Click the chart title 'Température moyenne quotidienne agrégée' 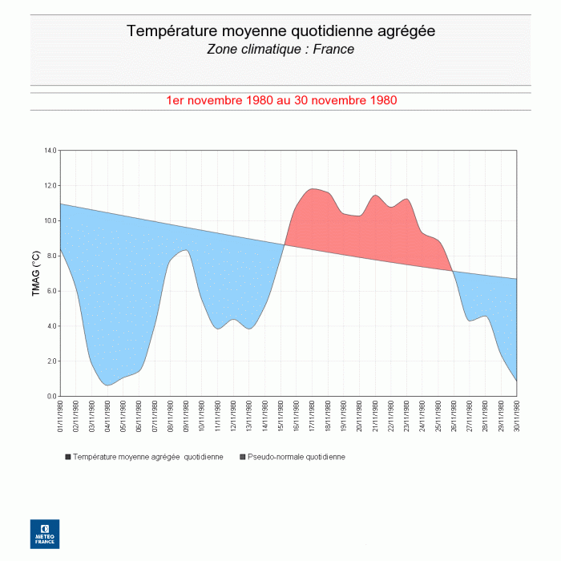click(x=280, y=31)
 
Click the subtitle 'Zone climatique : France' click(x=280, y=50)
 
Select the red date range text click(x=280, y=101)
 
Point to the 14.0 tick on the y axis click(x=50, y=150)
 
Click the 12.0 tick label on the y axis click(x=50, y=185)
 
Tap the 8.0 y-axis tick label click(x=51, y=256)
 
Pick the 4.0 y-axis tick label click(x=51, y=326)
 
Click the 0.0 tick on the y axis click(x=51, y=396)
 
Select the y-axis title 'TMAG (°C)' click(x=35, y=273)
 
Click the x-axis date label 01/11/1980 click(x=61, y=418)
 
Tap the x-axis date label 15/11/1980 click(x=281, y=418)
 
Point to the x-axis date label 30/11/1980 click(x=517, y=418)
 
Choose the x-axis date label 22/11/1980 click(x=391, y=418)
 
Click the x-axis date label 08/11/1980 click(x=171, y=418)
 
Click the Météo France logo click(x=45, y=534)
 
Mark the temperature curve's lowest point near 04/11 click(x=108, y=385)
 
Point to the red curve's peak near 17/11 click(x=313, y=188)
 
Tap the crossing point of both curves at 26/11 click(x=454, y=271)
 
